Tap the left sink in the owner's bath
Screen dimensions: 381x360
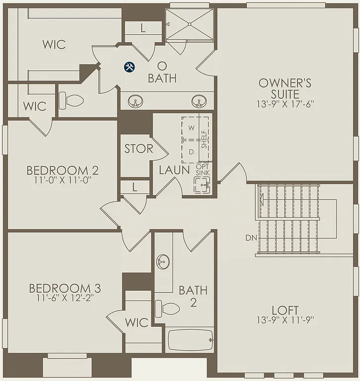[x=135, y=103]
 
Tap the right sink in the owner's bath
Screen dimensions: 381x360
[x=199, y=102]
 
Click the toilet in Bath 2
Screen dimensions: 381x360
[x=167, y=309]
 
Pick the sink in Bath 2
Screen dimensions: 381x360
[x=162, y=261]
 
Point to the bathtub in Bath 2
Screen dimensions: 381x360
[x=190, y=340]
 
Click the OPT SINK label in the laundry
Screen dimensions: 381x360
[x=203, y=170]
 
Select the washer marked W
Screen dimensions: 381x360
[x=192, y=128]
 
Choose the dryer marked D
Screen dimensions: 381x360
[x=192, y=151]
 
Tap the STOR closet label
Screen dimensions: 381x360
[x=139, y=149]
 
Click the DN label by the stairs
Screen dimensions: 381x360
[x=251, y=238]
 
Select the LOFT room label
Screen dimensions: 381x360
[x=286, y=297]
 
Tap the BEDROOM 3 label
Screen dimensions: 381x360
[x=65, y=288]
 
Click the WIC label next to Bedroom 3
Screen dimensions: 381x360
[x=137, y=322]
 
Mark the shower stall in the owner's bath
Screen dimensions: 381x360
[x=189, y=25]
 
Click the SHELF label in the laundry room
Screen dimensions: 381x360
[x=204, y=139]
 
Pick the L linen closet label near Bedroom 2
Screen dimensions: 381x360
[x=135, y=187]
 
